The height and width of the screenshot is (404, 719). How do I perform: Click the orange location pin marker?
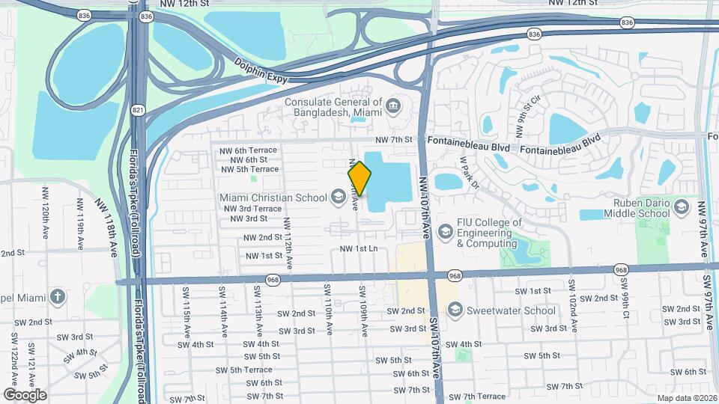click(x=359, y=178)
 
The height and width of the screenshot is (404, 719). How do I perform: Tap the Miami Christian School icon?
click(x=338, y=197)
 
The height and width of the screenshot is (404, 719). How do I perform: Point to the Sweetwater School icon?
click(x=454, y=310)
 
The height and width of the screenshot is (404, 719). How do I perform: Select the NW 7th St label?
click(x=394, y=140)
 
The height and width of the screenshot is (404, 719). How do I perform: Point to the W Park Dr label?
click(x=469, y=173)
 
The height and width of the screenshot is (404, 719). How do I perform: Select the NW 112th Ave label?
click(x=288, y=242)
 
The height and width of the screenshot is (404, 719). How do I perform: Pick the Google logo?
click(x=25, y=394)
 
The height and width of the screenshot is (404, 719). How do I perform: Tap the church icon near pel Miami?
click(x=58, y=296)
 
